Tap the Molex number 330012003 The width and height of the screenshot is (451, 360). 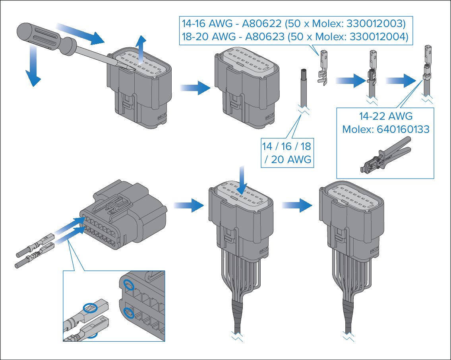pos(376,23)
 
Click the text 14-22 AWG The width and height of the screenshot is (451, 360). pos(385,116)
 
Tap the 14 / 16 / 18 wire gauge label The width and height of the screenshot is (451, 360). pos(286,146)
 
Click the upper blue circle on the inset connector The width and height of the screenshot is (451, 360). pos(128,284)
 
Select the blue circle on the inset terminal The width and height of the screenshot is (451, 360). pos(89,307)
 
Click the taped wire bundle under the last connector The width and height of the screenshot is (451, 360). pos(348,316)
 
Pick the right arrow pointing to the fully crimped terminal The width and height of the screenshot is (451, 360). pos(401,80)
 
